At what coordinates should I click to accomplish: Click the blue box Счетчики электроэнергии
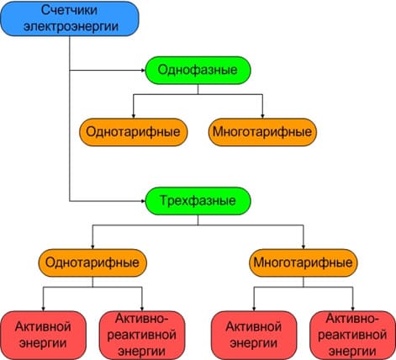[70, 19]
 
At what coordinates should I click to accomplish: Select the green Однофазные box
[198, 70]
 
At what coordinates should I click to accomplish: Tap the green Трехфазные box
[198, 201]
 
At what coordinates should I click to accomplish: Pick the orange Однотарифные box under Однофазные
[134, 132]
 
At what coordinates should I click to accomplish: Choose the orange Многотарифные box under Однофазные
[262, 132]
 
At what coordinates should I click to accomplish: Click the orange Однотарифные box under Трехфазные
[92, 262]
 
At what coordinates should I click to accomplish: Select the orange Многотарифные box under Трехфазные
[304, 262]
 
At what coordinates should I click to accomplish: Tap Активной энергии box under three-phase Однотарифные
[43, 335]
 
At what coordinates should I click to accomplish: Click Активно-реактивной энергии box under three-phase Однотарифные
[142, 335]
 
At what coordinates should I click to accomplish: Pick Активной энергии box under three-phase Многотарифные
[254, 335]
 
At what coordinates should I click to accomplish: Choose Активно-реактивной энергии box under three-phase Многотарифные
[352, 335]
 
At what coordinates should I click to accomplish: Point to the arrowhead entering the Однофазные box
[143, 71]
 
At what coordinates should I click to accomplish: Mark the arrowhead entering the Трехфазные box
[143, 201]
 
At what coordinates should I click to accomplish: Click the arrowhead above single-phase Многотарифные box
[262, 116]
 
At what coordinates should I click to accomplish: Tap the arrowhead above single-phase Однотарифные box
[134, 116]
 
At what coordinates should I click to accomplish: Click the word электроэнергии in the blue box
[71, 27]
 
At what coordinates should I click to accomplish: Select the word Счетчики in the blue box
[70, 10]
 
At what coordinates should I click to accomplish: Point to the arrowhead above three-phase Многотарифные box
[304, 246]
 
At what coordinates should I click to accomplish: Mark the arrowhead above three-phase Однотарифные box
[92, 246]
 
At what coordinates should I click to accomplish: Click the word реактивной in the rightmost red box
[352, 335]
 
